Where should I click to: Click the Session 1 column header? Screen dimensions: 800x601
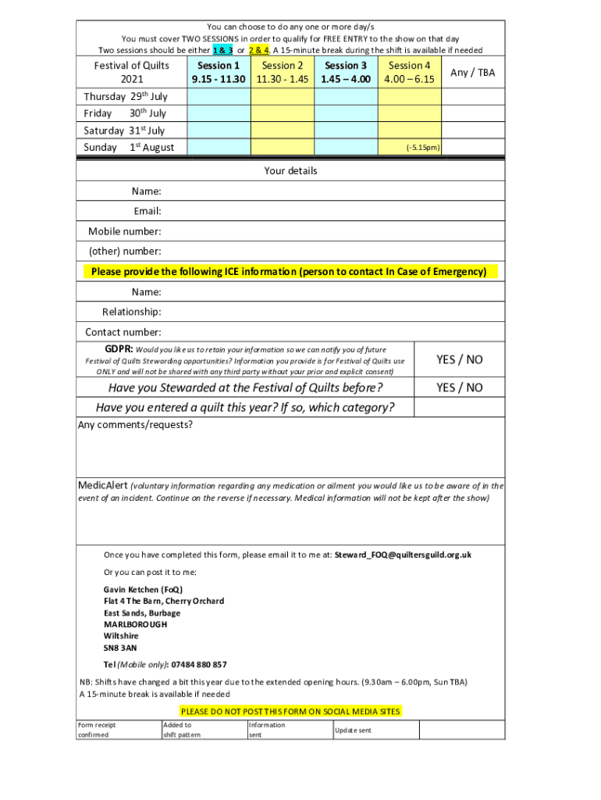219,73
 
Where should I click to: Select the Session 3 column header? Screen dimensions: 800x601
346,73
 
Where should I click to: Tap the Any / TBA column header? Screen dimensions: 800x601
473,73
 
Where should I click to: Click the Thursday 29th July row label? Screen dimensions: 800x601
125,97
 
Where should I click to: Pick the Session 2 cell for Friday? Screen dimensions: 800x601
282,113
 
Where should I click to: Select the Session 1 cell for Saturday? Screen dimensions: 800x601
219,130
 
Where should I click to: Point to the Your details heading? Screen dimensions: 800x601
290,170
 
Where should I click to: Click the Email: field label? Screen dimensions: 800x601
147,211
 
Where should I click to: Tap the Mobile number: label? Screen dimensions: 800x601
125,231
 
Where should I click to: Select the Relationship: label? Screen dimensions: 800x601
131,312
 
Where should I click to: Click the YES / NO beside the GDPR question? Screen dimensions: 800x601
459,359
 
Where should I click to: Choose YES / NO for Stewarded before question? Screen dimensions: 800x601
459,387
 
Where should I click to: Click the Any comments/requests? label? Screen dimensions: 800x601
135,425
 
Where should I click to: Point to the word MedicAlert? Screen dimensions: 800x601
102,485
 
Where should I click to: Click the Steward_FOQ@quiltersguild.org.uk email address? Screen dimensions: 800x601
403,555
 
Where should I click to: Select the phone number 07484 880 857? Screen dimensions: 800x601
199,665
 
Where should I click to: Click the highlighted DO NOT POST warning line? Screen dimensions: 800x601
290,711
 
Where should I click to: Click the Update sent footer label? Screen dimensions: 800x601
353,730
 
